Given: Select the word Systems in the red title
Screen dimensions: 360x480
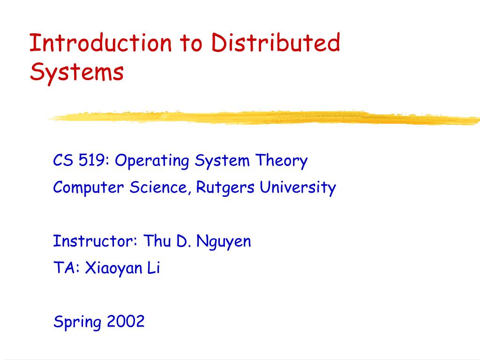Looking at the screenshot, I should click(77, 73).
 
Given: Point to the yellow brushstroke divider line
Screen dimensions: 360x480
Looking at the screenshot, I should click(262, 118).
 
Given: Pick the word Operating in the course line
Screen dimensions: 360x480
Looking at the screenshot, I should click(152, 162).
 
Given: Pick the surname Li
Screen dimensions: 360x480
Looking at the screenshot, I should click(154, 269).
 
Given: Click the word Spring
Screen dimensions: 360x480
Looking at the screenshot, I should click(77, 322).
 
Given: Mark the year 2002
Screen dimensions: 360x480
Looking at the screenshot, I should click(126, 322).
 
